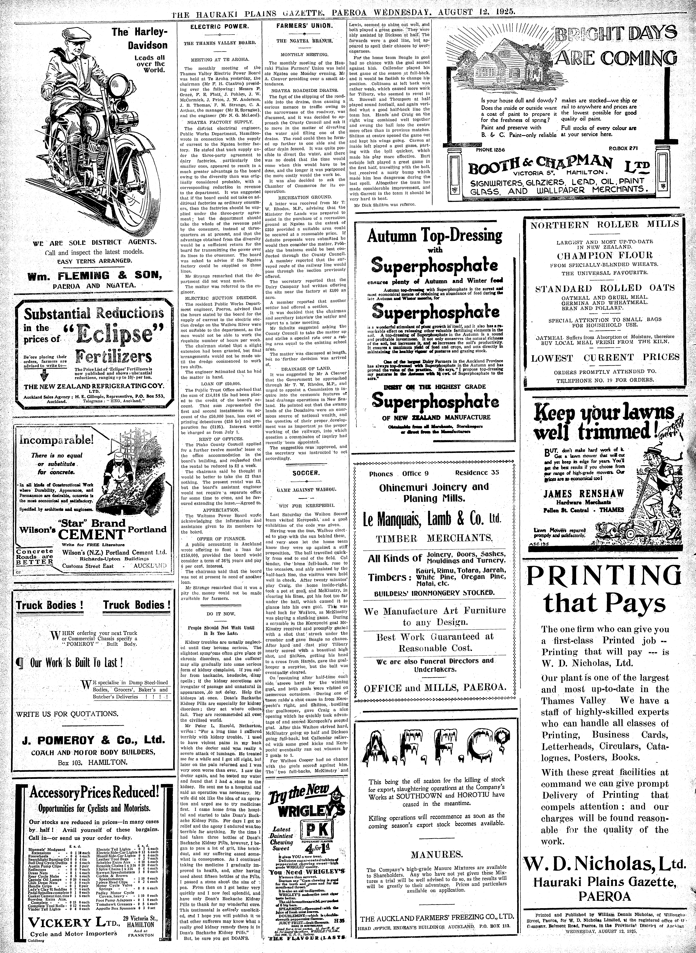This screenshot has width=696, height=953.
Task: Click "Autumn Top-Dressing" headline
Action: (435, 236)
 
